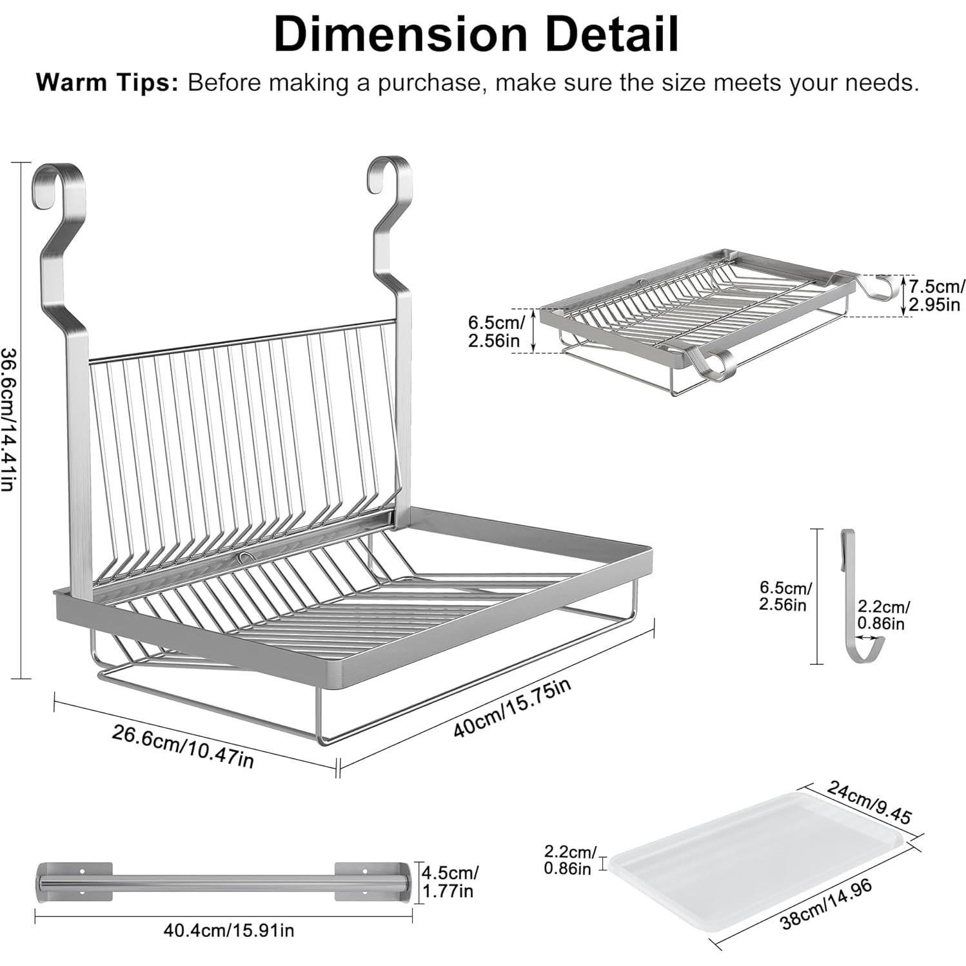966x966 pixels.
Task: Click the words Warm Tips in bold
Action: tap(107, 83)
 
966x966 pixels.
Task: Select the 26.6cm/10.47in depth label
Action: tap(183, 745)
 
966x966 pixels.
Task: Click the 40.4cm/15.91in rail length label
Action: tap(228, 930)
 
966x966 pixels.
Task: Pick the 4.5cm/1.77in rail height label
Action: tap(450, 882)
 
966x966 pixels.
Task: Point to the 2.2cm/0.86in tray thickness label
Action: tap(570, 860)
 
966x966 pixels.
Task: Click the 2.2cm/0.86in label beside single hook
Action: tap(883, 614)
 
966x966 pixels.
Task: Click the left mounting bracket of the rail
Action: tap(75, 881)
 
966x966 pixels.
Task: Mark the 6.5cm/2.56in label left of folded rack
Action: tap(493, 330)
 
